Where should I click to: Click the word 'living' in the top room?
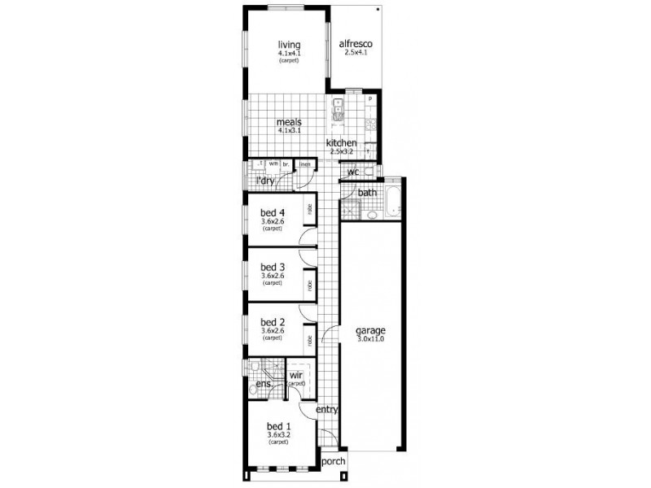[x=289, y=44]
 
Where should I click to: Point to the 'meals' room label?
[x=289, y=122]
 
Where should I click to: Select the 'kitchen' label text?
[x=342, y=143]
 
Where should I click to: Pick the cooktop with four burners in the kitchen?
[x=370, y=125]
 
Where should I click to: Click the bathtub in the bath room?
[x=393, y=202]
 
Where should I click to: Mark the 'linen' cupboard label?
[x=305, y=164]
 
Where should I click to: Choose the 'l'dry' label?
[x=265, y=181]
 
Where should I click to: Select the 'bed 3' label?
[x=272, y=267]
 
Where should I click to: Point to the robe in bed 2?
[x=309, y=340]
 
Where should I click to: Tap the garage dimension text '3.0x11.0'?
[x=370, y=340]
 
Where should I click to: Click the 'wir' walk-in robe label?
[x=295, y=376]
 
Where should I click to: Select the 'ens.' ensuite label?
[x=264, y=384]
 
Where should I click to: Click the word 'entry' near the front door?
[x=326, y=410]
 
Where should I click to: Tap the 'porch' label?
[x=334, y=461]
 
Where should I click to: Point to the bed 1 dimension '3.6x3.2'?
[x=279, y=435]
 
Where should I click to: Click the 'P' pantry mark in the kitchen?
[x=369, y=99]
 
